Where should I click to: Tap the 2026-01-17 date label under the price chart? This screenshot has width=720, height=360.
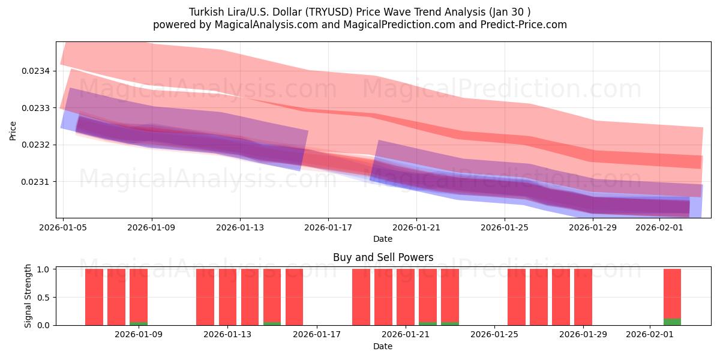click(328, 228)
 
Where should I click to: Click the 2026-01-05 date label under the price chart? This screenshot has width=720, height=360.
click(64, 228)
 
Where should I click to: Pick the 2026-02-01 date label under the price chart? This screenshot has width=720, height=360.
click(659, 228)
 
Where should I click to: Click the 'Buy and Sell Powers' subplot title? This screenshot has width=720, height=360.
click(383, 257)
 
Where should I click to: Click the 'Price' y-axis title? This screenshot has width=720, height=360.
click(13, 130)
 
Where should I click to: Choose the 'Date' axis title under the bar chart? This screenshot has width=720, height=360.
click(383, 346)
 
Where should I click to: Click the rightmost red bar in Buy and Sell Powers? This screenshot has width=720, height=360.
click(672, 293)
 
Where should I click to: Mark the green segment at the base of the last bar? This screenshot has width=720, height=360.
click(672, 322)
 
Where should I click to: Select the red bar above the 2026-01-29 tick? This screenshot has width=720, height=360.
click(583, 297)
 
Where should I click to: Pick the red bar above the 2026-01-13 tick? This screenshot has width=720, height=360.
click(227, 297)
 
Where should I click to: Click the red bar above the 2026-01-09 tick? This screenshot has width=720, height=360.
click(139, 295)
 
